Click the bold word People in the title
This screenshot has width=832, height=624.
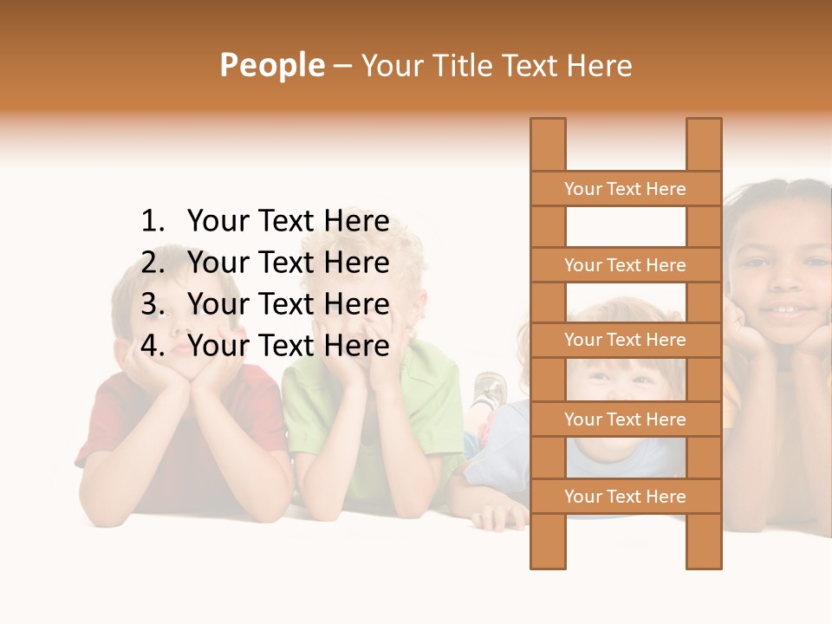(272, 66)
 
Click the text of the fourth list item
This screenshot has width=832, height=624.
(288, 346)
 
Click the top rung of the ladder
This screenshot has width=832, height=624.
(625, 189)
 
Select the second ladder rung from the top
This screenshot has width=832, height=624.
(625, 265)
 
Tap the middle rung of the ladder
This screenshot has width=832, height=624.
(625, 340)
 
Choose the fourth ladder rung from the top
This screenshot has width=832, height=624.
(625, 419)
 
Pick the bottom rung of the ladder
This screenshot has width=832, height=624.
(625, 497)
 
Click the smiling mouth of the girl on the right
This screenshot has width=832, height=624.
(789, 309)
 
